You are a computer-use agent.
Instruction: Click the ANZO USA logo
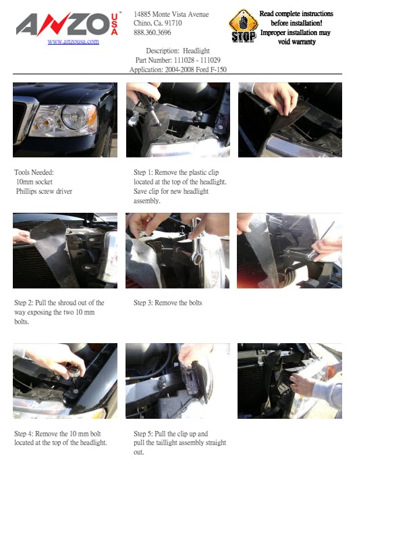tap(67, 24)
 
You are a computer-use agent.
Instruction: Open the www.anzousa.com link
tap(74, 42)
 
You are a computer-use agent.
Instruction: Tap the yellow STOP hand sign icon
tap(243, 26)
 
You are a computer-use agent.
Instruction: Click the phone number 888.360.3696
tap(153, 32)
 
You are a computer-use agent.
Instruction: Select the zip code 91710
tap(173, 23)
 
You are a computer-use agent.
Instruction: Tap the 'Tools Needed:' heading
tap(34, 172)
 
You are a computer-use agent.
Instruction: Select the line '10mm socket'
tap(34, 182)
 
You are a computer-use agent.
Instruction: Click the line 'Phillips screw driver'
tap(44, 191)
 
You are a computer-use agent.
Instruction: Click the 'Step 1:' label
tap(143, 172)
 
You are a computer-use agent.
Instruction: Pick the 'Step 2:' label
tap(24, 303)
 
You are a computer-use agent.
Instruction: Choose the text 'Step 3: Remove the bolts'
tap(167, 303)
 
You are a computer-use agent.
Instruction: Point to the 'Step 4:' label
tap(24, 434)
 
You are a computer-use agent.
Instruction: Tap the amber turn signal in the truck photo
tap(92, 118)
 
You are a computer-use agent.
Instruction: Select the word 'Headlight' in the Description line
tap(196, 51)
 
